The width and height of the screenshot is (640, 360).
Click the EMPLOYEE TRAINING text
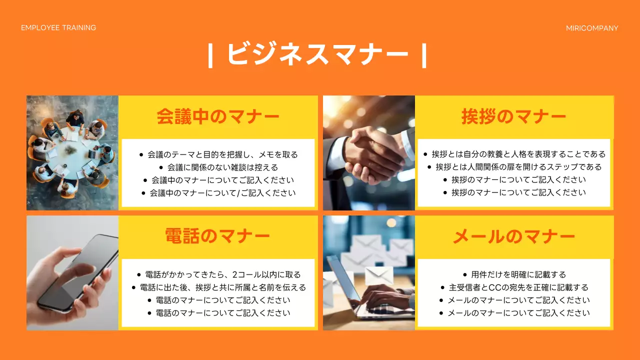click(x=58, y=27)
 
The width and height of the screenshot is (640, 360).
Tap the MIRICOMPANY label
click(x=592, y=28)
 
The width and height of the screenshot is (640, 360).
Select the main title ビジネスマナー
click(x=317, y=54)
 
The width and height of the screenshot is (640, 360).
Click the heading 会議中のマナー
click(x=218, y=116)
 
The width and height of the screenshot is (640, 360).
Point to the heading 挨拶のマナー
click(x=513, y=116)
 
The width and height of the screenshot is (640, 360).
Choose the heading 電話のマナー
click(x=218, y=236)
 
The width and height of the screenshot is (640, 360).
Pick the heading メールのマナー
click(x=513, y=236)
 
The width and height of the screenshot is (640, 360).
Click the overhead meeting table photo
click(x=72, y=152)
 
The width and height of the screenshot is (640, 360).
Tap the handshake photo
click(x=369, y=152)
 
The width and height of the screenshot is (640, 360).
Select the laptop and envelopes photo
click(x=369, y=272)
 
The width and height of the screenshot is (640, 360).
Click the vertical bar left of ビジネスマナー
click(x=211, y=55)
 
